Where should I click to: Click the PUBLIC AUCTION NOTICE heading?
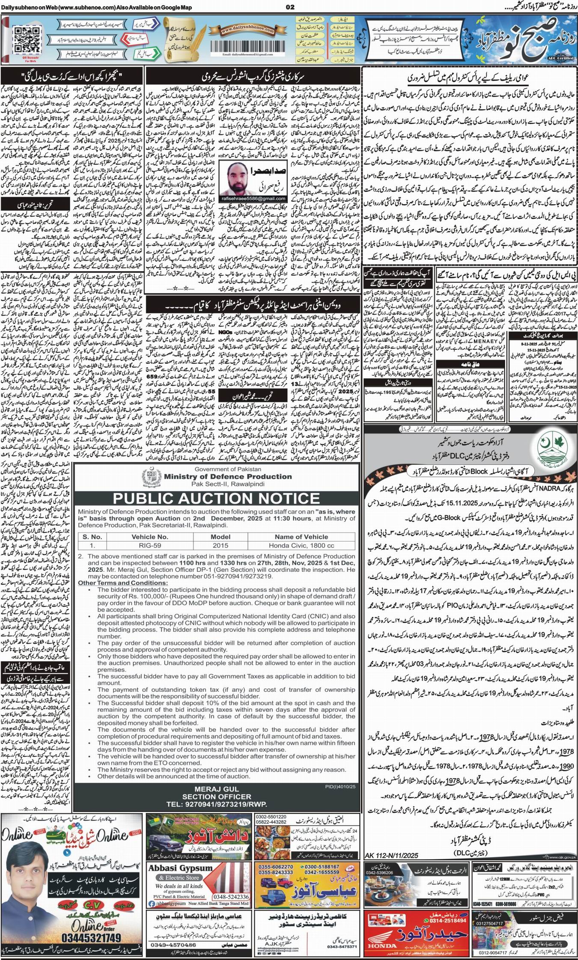(x=217, y=498)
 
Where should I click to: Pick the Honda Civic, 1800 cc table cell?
(x=302, y=546)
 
